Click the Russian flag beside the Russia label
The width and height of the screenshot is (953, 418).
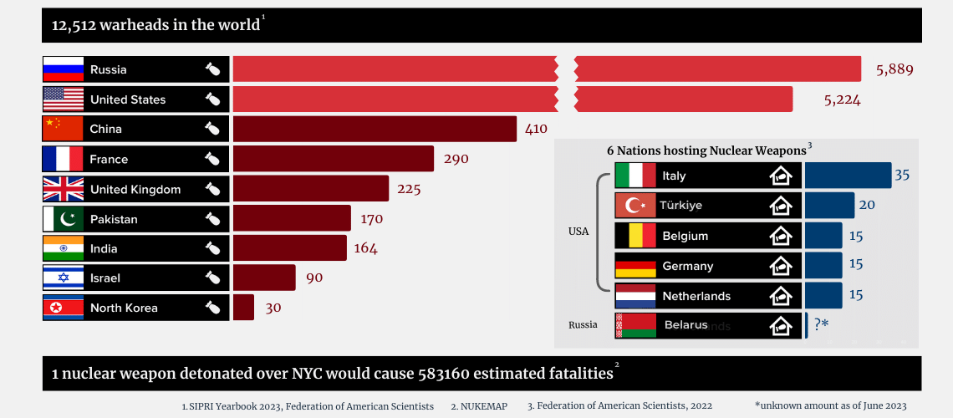click(x=64, y=69)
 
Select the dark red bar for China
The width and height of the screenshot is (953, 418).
click(x=375, y=129)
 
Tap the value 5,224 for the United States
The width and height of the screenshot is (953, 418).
click(x=842, y=99)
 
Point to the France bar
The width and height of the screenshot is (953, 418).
click(x=333, y=159)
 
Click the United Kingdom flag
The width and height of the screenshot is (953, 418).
click(x=64, y=189)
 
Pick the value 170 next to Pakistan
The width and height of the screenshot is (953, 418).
click(x=371, y=219)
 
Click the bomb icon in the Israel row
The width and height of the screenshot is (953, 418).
click(x=212, y=278)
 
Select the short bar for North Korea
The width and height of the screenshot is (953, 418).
click(x=243, y=308)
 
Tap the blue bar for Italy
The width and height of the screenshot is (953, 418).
click(x=848, y=176)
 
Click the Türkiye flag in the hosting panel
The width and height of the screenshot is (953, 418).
click(x=635, y=206)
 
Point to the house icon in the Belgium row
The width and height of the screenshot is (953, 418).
click(x=781, y=236)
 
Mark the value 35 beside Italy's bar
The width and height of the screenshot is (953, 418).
click(x=902, y=176)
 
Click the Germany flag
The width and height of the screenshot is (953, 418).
click(x=635, y=266)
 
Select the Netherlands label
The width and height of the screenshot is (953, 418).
click(x=696, y=296)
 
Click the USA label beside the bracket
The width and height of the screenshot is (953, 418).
click(x=578, y=232)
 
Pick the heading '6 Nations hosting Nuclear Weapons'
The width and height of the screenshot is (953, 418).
click(x=707, y=150)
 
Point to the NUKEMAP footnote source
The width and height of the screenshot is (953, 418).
click(x=480, y=405)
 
